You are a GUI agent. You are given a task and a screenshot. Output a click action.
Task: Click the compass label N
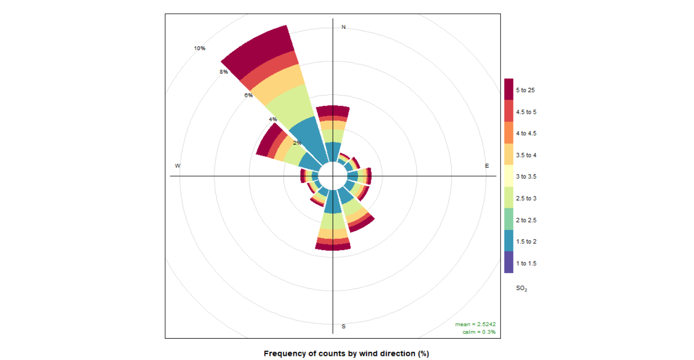(x=343, y=27)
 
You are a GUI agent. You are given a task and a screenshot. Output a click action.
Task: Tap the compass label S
(x=343, y=326)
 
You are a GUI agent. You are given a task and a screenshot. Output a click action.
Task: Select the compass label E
(x=487, y=166)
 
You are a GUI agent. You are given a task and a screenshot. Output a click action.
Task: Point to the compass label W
(x=177, y=166)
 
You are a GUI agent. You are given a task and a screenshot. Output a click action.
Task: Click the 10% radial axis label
(x=200, y=48)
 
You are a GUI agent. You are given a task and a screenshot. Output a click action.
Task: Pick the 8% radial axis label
(x=224, y=72)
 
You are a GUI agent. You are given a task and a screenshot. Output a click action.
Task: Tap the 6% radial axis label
(x=248, y=95)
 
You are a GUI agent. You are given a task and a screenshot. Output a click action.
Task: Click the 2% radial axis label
(x=297, y=143)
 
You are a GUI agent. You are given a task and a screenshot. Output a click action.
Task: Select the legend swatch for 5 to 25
(x=509, y=90)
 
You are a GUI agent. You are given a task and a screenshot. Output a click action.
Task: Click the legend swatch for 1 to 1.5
(x=509, y=263)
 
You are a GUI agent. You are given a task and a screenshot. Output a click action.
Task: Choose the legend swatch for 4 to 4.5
(x=509, y=133)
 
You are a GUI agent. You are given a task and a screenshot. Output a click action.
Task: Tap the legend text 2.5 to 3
(x=526, y=199)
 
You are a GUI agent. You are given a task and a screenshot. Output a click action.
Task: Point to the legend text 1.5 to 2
(x=526, y=242)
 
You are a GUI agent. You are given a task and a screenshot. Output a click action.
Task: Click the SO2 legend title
(x=521, y=288)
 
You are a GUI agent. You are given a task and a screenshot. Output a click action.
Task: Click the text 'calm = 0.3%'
(x=479, y=332)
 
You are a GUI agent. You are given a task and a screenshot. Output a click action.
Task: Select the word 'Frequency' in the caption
(x=284, y=353)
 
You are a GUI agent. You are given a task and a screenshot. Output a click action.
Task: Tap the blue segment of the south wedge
(x=333, y=202)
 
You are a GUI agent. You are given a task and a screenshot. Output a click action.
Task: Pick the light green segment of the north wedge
(x=333, y=136)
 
